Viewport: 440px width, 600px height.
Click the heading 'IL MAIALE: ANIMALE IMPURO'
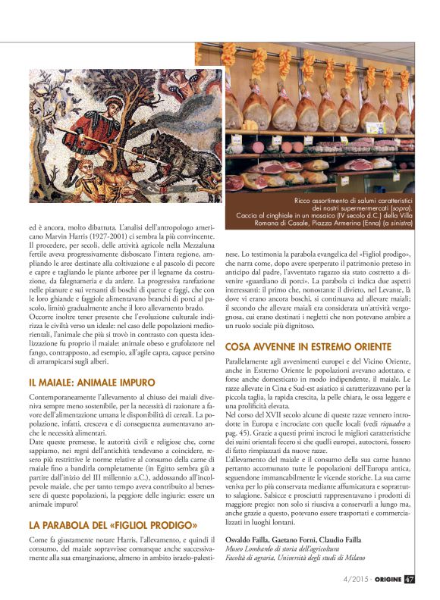pos(92,383)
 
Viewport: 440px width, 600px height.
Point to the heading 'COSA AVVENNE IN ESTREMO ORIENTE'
pos(308,346)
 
